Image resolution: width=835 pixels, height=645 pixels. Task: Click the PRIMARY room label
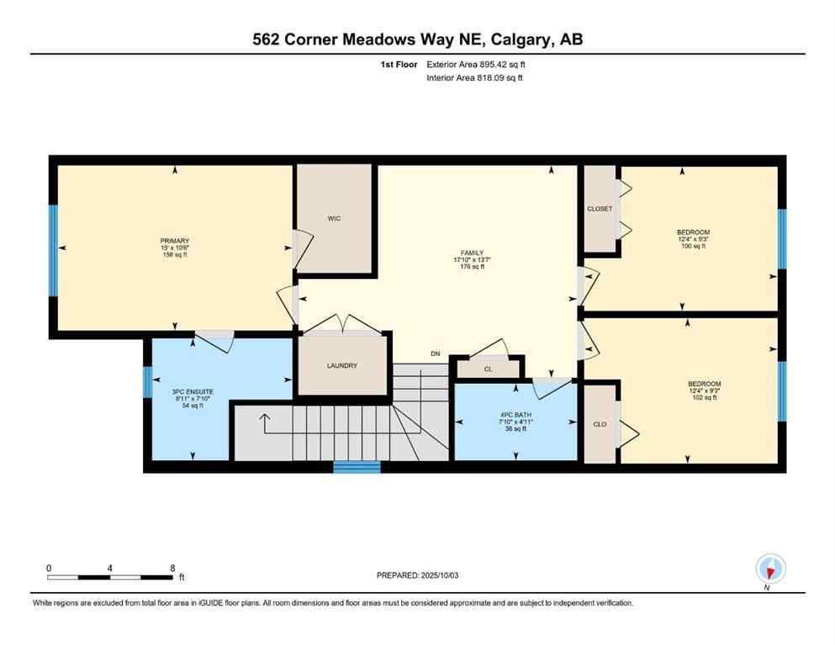(x=175, y=241)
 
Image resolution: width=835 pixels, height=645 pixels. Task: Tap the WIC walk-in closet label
(x=334, y=218)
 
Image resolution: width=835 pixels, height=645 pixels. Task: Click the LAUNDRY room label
(x=342, y=365)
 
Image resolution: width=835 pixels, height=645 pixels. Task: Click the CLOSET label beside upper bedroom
(x=600, y=208)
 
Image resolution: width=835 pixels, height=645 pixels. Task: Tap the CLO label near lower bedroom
(x=600, y=424)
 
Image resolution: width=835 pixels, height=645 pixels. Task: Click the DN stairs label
(x=436, y=354)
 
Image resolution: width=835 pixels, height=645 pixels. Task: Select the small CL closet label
(x=489, y=368)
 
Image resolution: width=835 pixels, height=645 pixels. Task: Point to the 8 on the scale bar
(x=172, y=568)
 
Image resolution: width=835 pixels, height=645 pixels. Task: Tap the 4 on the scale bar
(x=110, y=568)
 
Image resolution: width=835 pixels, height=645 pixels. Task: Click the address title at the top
(x=417, y=39)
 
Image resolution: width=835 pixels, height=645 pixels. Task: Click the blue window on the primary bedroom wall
(x=52, y=250)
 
